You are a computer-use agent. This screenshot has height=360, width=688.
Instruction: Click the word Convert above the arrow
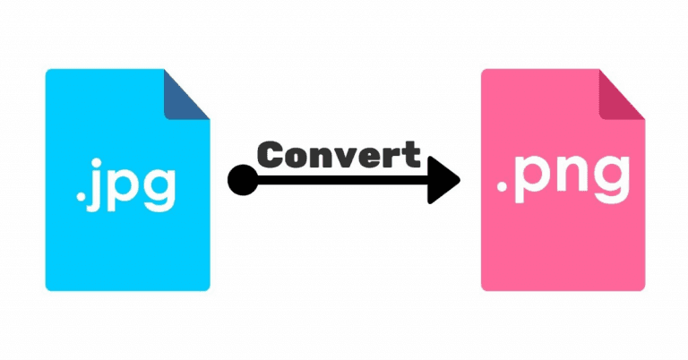339,155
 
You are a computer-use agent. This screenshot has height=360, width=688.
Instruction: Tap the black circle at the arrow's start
243,180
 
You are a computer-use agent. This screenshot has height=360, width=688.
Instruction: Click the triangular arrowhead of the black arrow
443,180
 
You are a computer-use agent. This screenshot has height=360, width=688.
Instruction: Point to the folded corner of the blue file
187,94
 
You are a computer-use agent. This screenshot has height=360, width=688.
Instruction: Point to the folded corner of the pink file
623,94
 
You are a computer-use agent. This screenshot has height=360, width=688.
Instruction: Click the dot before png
502,187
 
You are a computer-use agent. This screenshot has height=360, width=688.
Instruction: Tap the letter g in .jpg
158,190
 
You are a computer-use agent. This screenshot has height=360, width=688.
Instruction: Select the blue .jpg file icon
128,180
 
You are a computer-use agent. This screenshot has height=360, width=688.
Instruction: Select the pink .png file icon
563,180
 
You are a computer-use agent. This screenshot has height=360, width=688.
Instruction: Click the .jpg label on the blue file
125,185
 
